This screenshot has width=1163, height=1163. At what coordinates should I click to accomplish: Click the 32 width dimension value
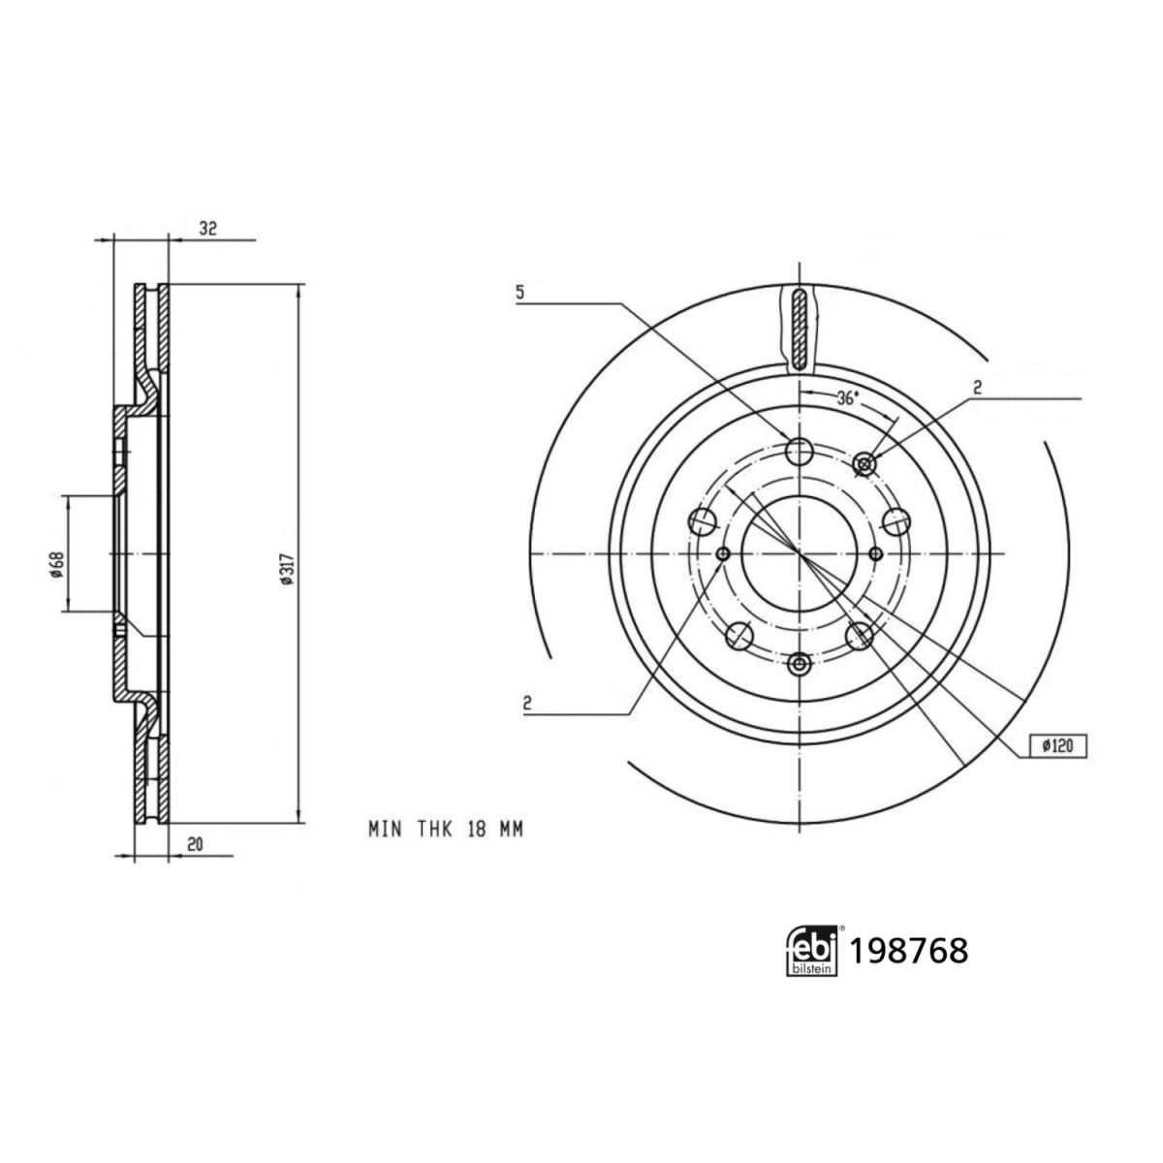point(208,228)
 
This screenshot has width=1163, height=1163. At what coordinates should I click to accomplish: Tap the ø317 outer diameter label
point(287,569)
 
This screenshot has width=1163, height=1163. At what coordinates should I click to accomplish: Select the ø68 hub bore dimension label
point(57,565)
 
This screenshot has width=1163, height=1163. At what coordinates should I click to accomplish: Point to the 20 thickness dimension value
point(195,845)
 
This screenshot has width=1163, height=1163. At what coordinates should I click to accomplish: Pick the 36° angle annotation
point(847,398)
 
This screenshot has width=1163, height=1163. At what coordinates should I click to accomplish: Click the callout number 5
point(519,293)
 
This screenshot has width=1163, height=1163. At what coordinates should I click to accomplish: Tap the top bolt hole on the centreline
point(800,451)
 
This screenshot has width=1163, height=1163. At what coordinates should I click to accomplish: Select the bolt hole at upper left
point(702,520)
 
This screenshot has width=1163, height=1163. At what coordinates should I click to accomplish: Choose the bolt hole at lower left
point(739,635)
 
